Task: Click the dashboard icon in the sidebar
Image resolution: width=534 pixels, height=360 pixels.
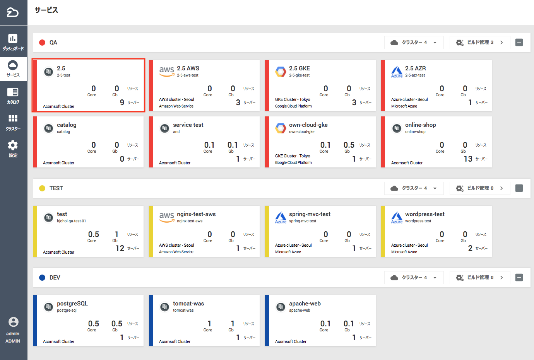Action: coord(13,38)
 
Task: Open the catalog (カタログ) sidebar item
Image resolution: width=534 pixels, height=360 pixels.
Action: coord(13,92)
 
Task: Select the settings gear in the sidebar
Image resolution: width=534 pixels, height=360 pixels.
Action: coord(13,145)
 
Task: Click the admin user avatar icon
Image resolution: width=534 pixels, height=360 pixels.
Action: coord(13,322)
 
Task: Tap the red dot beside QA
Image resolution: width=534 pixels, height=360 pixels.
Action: coord(42,43)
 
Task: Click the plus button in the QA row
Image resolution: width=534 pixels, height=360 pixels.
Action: coord(519,43)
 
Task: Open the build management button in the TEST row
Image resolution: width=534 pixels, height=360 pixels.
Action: coord(479,188)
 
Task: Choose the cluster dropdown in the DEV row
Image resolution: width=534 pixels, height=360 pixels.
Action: coord(413,278)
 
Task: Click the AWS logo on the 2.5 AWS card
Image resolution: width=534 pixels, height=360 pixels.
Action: coord(166,71)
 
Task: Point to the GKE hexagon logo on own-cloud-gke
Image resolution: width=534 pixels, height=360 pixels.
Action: coord(281,128)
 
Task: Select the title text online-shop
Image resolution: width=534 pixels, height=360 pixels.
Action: coord(420,125)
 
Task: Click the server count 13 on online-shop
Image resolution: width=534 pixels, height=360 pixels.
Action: coord(468,159)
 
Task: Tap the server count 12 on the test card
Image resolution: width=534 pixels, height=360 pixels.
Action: coord(120,248)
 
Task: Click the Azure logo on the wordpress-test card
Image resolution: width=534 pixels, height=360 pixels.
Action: coord(397,217)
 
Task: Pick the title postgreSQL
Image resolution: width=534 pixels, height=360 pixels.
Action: coord(72,304)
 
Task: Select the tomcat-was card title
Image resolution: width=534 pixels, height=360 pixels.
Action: coord(188,304)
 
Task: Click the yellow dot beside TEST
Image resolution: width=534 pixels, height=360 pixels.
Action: coord(42,188)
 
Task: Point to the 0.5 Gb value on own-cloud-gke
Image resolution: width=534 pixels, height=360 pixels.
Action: coord(349,145)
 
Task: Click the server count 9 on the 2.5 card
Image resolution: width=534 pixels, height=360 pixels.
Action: coord(122,102)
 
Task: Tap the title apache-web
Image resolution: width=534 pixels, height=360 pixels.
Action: coord(305,304)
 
